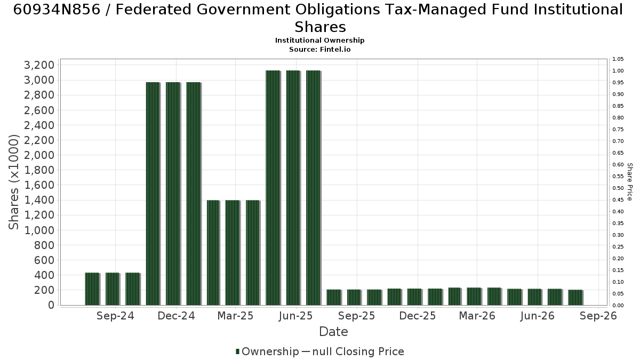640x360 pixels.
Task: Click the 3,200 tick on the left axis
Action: pos(39,65)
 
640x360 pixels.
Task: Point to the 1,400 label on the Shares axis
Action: pos(39,200)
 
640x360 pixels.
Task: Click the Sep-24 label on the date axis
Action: pos(115,316)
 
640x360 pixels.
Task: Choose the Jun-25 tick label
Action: pos(295,316)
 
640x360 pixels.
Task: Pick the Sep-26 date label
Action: pos(598,316)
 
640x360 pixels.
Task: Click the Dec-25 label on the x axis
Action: pos(418,316)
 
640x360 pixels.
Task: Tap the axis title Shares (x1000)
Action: pos(13,182)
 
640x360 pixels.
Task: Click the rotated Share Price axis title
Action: pos(629,182)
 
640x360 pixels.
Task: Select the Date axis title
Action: pos(333,332)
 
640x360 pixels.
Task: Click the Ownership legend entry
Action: pos(267,351)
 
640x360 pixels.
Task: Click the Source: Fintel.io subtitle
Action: pos(319,50)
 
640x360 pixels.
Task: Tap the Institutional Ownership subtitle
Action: pos(319,41)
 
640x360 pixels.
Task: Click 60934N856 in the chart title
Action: pos(57,10)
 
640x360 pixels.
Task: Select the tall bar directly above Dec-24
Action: pos(173,194)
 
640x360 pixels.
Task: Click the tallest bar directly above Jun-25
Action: pos(293,188)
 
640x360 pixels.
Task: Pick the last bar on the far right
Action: pos(575,298)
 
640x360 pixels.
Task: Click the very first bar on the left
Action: pos(92,289)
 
